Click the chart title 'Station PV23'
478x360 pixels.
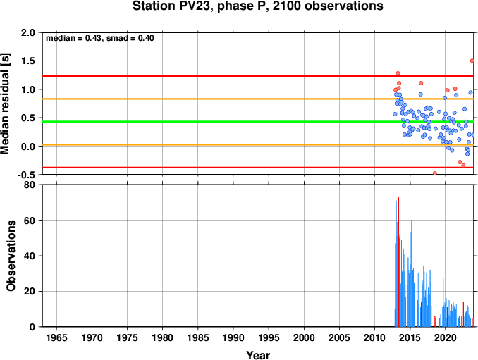[173, 6]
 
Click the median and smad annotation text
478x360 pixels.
[100, 38]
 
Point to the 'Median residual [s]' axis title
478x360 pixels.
[6, 104]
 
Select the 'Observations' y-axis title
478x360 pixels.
[11, 256]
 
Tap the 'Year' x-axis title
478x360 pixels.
[258, 355]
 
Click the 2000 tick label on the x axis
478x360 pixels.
[304, 337]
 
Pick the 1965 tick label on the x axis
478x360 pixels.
[56, 337]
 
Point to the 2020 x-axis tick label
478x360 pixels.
[446, 337]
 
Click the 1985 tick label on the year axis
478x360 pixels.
[198, 337]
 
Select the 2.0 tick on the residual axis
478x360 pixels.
[28, 32]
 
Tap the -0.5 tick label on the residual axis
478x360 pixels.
[26, 175]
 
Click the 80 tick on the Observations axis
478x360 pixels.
[30, 185]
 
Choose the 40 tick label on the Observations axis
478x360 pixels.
[30, 256]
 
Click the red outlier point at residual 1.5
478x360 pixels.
[472, 61]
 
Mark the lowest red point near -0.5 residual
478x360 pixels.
[435, 173]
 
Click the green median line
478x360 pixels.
[258, 122]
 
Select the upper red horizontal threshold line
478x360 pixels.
[258, 76]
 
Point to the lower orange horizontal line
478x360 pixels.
[258, 144]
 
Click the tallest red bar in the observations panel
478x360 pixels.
[398, 262]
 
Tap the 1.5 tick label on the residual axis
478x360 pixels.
[28, 61]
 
